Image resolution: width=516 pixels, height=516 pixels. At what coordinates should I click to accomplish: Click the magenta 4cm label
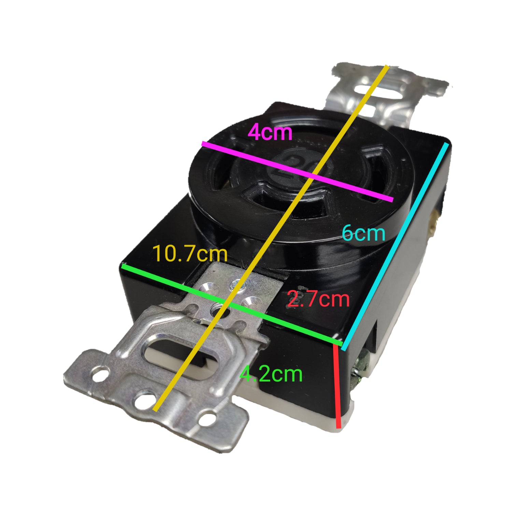point(270,132)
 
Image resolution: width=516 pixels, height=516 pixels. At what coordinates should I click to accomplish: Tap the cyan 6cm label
point(363,234)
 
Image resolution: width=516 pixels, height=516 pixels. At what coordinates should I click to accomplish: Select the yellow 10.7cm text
point(190,254)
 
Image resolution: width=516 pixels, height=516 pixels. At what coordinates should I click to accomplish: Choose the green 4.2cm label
point(271,374)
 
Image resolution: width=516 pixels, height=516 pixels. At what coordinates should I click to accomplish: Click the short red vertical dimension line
point(337,386)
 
